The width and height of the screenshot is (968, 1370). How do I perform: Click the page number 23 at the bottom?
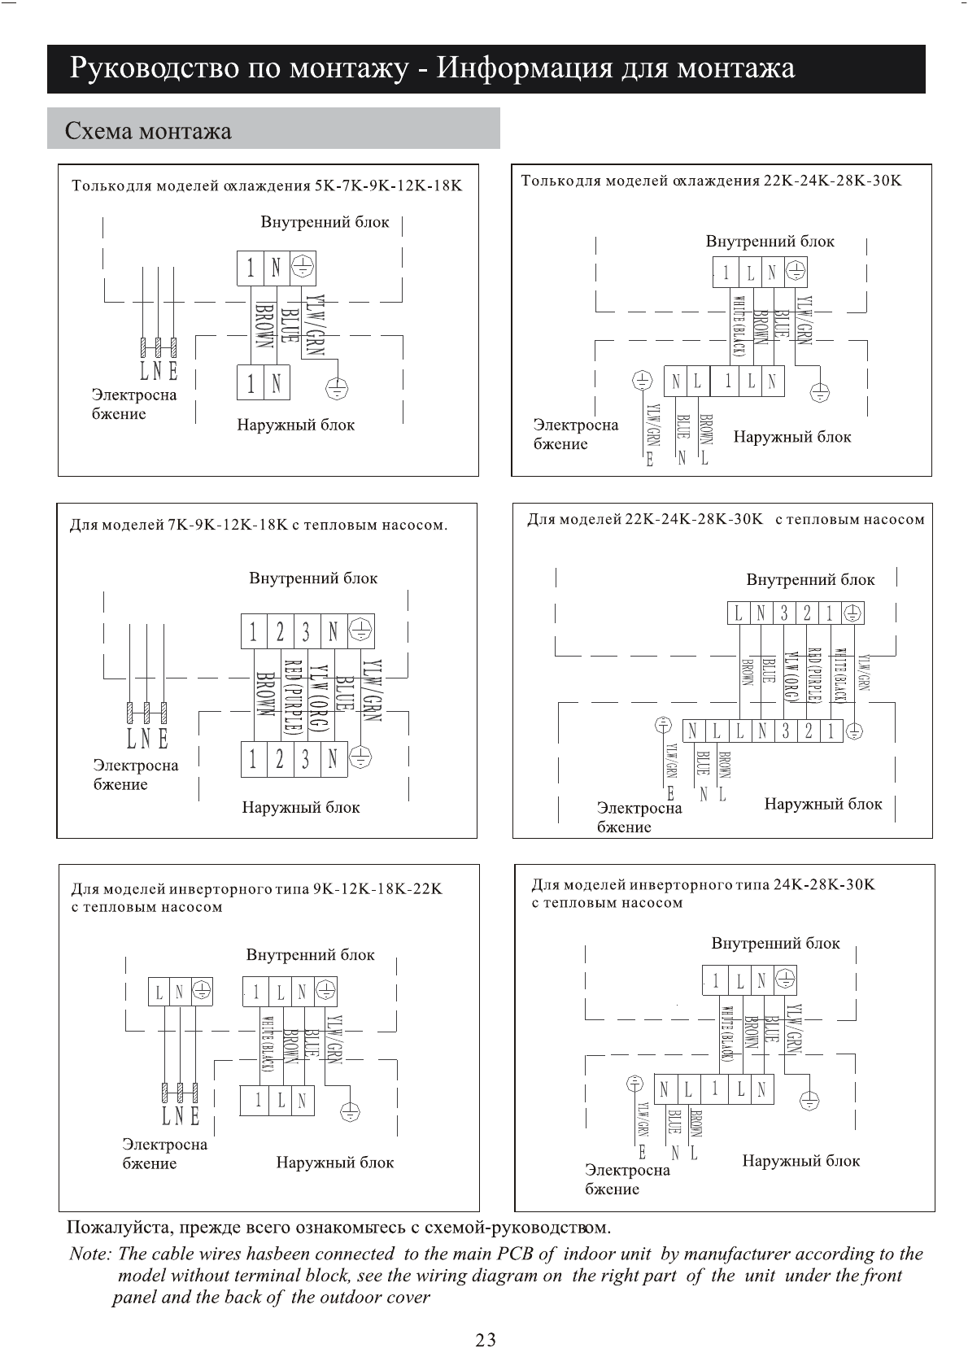pyautogui.click(x=485, y=1340)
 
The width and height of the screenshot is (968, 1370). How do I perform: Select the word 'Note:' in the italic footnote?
pyautogui.click(x=89, y=1254)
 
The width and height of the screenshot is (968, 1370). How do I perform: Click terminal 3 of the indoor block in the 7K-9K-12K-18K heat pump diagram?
pyautogui.click(x=306, y=631)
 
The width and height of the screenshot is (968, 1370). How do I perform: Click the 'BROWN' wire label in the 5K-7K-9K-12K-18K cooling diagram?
pyautogui.click(x=263, y=325)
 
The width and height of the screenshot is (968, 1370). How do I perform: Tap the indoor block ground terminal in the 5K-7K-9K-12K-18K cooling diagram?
pyautogui.click(x=302, y=267)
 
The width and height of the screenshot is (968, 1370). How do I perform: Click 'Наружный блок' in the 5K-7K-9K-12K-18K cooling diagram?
pyautogui.click(x=295, y=425)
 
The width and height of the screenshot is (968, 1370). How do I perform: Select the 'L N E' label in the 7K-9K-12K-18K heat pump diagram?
pyautogui.click(x=147, y=739)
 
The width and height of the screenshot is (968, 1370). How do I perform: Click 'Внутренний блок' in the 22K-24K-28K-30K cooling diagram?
pyautogui.click(x=770, y=241)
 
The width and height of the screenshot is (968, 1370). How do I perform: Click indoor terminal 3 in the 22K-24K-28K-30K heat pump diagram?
pyautogui.click(x=785, y=613)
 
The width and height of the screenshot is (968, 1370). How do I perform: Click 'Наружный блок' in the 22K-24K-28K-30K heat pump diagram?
pyautogui.click(x=822, y=804)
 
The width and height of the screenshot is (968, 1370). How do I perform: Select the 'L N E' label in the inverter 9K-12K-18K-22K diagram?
pyautogui.click(x=180, y=1115)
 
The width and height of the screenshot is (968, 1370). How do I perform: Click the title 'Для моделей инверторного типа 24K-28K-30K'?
pyautogui.click(x=702, y=884)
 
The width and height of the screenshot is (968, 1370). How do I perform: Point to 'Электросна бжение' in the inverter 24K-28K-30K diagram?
pyautogui.click(x=627, y=1179)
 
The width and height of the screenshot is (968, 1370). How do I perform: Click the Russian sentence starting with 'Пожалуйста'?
pyautogui.click(x=338, y=1226)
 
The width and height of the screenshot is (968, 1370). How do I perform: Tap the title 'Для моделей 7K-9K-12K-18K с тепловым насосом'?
pyautogui.click(x=258, y=525)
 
